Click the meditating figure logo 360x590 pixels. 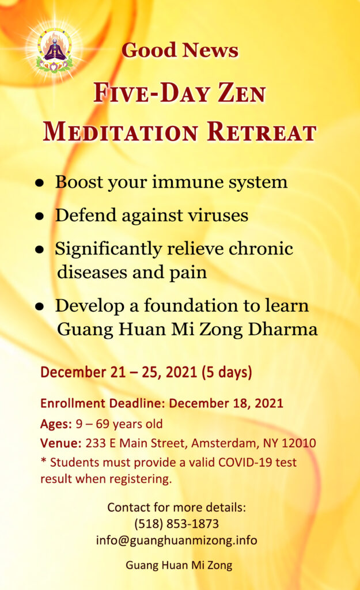coord(55,50)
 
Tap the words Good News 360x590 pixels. coord(180,50)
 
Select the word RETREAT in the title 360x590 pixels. coord(262,132)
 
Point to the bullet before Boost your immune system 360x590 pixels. coord(40,183)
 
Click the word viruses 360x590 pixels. coord(218,215)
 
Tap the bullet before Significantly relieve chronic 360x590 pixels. coord(40,249)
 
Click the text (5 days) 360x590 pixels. coord(226,372)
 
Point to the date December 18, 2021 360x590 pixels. coord(226,403)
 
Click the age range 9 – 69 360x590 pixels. coord(93,424)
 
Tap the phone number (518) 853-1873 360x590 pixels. coord(176,524)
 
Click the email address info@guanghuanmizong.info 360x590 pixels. coord(176,540)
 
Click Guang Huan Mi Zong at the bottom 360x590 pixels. coord(179,565)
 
